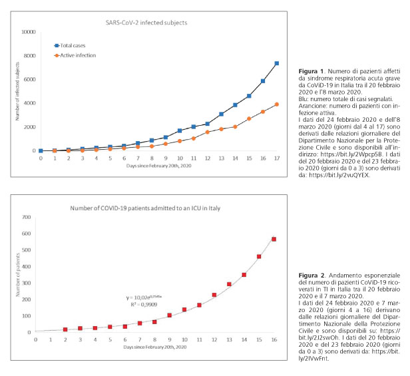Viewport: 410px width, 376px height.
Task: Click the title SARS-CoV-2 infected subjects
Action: tap(146, 23)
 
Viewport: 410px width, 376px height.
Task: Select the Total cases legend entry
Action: tap(70, 45)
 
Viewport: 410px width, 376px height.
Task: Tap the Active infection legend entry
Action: tap(75, 55)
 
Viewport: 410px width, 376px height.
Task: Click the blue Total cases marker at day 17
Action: tap(277, 63)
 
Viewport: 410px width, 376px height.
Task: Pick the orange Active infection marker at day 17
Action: tap(277, 104)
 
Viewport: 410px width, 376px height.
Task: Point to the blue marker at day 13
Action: tap(221, 114)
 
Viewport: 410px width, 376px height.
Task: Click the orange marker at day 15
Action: tap(249, 118)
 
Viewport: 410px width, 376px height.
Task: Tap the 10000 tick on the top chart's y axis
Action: tap(29, 32)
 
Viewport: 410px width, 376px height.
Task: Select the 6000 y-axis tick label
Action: tap(29, 79)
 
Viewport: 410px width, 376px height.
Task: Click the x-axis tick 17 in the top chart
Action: tap(277, 158)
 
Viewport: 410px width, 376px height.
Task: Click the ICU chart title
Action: tap(145, 208)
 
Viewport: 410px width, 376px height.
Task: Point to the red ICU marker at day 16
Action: tap(274, 240)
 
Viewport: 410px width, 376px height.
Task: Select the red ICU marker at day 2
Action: tap(65, 329)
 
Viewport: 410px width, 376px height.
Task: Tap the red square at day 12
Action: tap(214, 295)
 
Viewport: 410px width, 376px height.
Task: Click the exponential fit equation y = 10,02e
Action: tap(144, 297)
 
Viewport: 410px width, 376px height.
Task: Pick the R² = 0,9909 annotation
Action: tap(144, 305)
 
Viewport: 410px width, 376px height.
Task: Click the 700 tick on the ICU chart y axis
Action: tap(27, 217)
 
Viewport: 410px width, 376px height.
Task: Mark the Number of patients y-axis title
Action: tap(18, 275)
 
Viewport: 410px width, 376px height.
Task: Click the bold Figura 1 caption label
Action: tap(311, 71)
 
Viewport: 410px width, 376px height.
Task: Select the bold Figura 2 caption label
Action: tap(311, 276)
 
